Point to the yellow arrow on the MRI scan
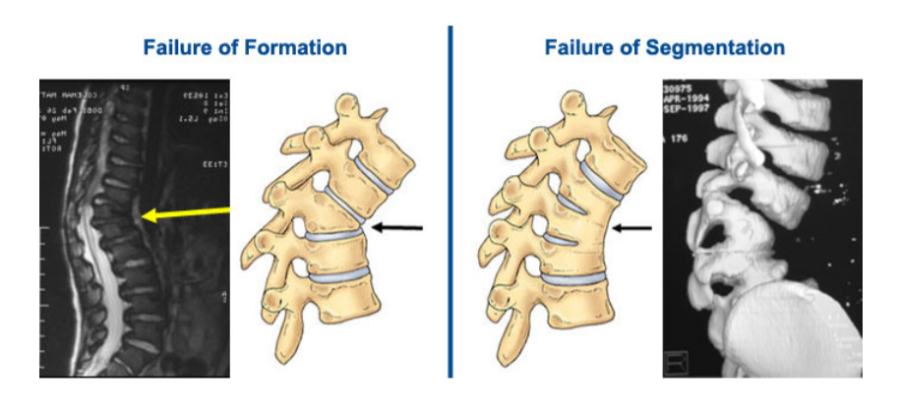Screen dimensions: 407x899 [x=187, y=212]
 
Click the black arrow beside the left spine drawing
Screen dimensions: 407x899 [x=398, y=228]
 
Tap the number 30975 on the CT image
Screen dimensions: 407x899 [x=682, y=87]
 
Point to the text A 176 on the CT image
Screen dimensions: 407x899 [x=679, y=143]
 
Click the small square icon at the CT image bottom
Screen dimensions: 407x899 [x=675, y=365]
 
